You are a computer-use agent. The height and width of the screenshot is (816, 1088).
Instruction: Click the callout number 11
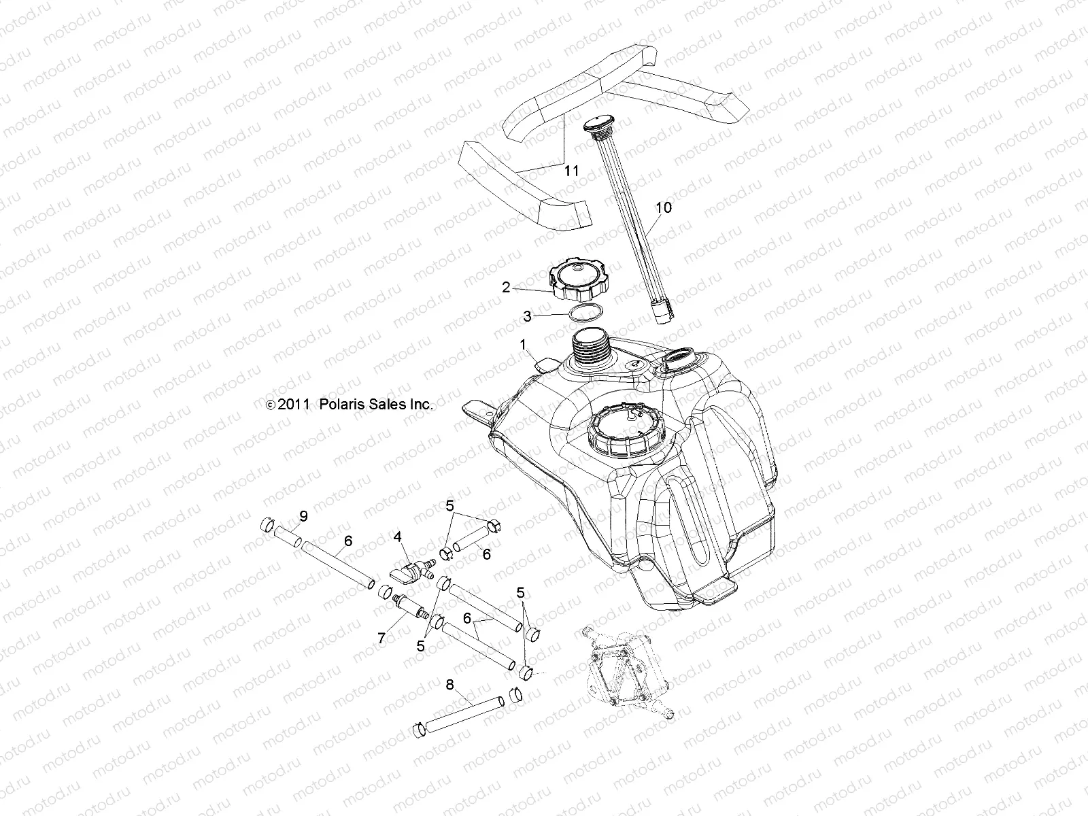(571, 171)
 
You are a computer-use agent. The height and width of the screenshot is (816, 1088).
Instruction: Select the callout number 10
(663, 207)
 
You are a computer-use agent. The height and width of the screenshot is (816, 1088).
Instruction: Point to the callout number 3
(527, 316)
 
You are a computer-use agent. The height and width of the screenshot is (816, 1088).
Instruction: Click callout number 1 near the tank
(523, 345)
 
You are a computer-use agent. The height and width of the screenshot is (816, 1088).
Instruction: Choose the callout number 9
(303, 517)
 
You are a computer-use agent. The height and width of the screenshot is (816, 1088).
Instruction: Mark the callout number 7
(382, 638)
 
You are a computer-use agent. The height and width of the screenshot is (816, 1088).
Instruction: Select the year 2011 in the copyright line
(294, 405)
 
